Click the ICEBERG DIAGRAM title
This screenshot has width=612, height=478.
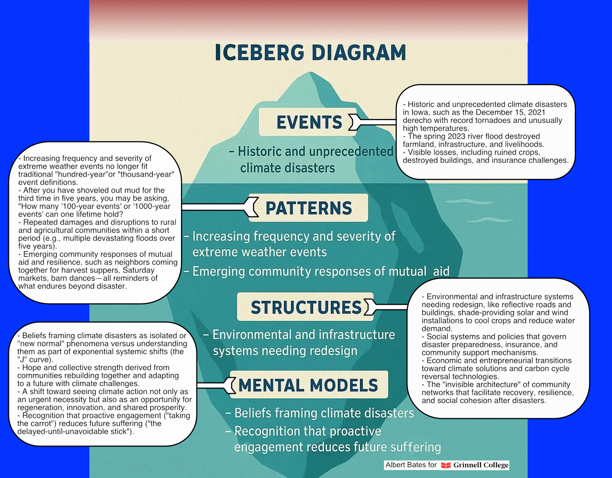[310, 53]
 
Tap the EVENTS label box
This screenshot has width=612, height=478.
[308, 122]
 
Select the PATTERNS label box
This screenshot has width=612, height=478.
[308, 208]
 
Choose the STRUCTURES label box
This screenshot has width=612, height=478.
[306, 307]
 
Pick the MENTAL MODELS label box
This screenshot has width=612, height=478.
[308, 385]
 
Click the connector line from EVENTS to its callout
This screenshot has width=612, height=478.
[379, 122]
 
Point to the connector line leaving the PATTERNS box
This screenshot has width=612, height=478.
[214, 207]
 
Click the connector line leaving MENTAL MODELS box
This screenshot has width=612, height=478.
[212, 385]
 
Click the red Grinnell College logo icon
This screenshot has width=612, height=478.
[446, 465]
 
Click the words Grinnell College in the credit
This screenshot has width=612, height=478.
[481, 465]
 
